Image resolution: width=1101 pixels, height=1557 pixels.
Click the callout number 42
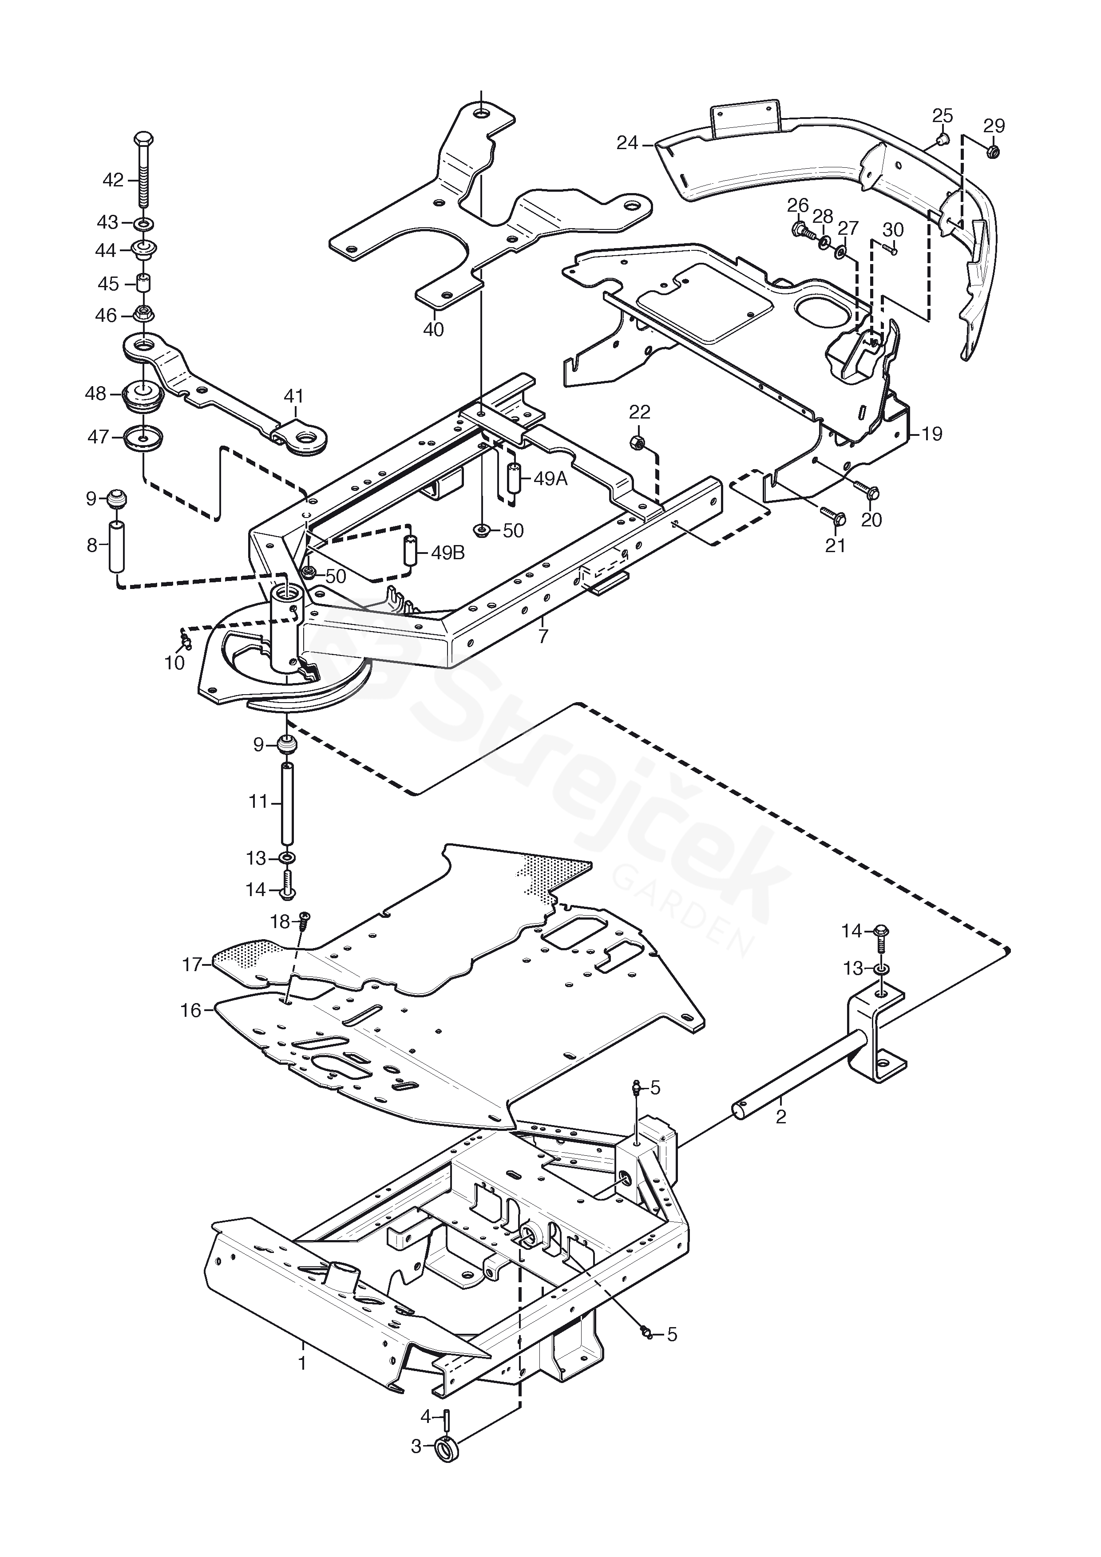(x=113, y=180)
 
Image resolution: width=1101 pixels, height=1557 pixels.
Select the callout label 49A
(x=550, y=479)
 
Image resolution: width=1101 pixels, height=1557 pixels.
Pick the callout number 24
(x=627, y=143)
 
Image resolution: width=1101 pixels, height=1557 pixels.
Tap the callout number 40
(x=433, y=330)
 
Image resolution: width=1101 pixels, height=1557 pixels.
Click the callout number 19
(x=932, y=434)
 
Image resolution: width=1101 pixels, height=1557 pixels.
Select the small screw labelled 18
(x=304, y=921)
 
